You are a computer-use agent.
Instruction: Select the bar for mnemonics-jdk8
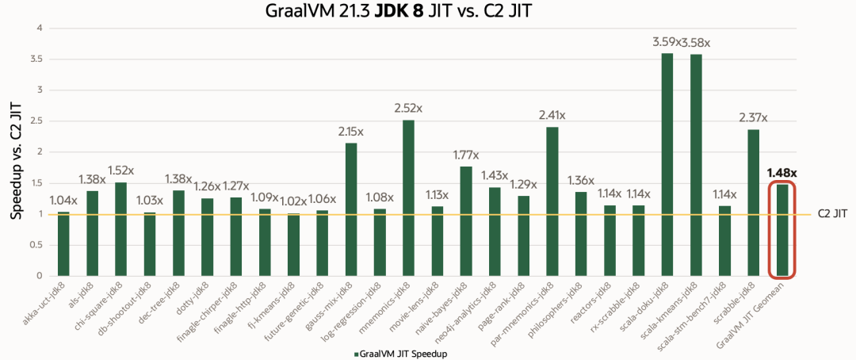(409, 197)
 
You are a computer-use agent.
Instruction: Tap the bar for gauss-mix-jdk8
(351, 209)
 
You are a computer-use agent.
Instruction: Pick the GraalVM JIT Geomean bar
(782, 230)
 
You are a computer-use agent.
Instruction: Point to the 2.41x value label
(552, 113)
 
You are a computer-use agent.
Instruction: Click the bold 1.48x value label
(782, 172)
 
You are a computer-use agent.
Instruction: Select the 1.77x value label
(466, 154)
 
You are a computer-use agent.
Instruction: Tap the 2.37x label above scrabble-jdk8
(754, 117)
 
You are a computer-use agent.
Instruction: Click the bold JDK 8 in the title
(419, 11)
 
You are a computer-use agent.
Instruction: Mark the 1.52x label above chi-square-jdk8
(121, 170)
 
